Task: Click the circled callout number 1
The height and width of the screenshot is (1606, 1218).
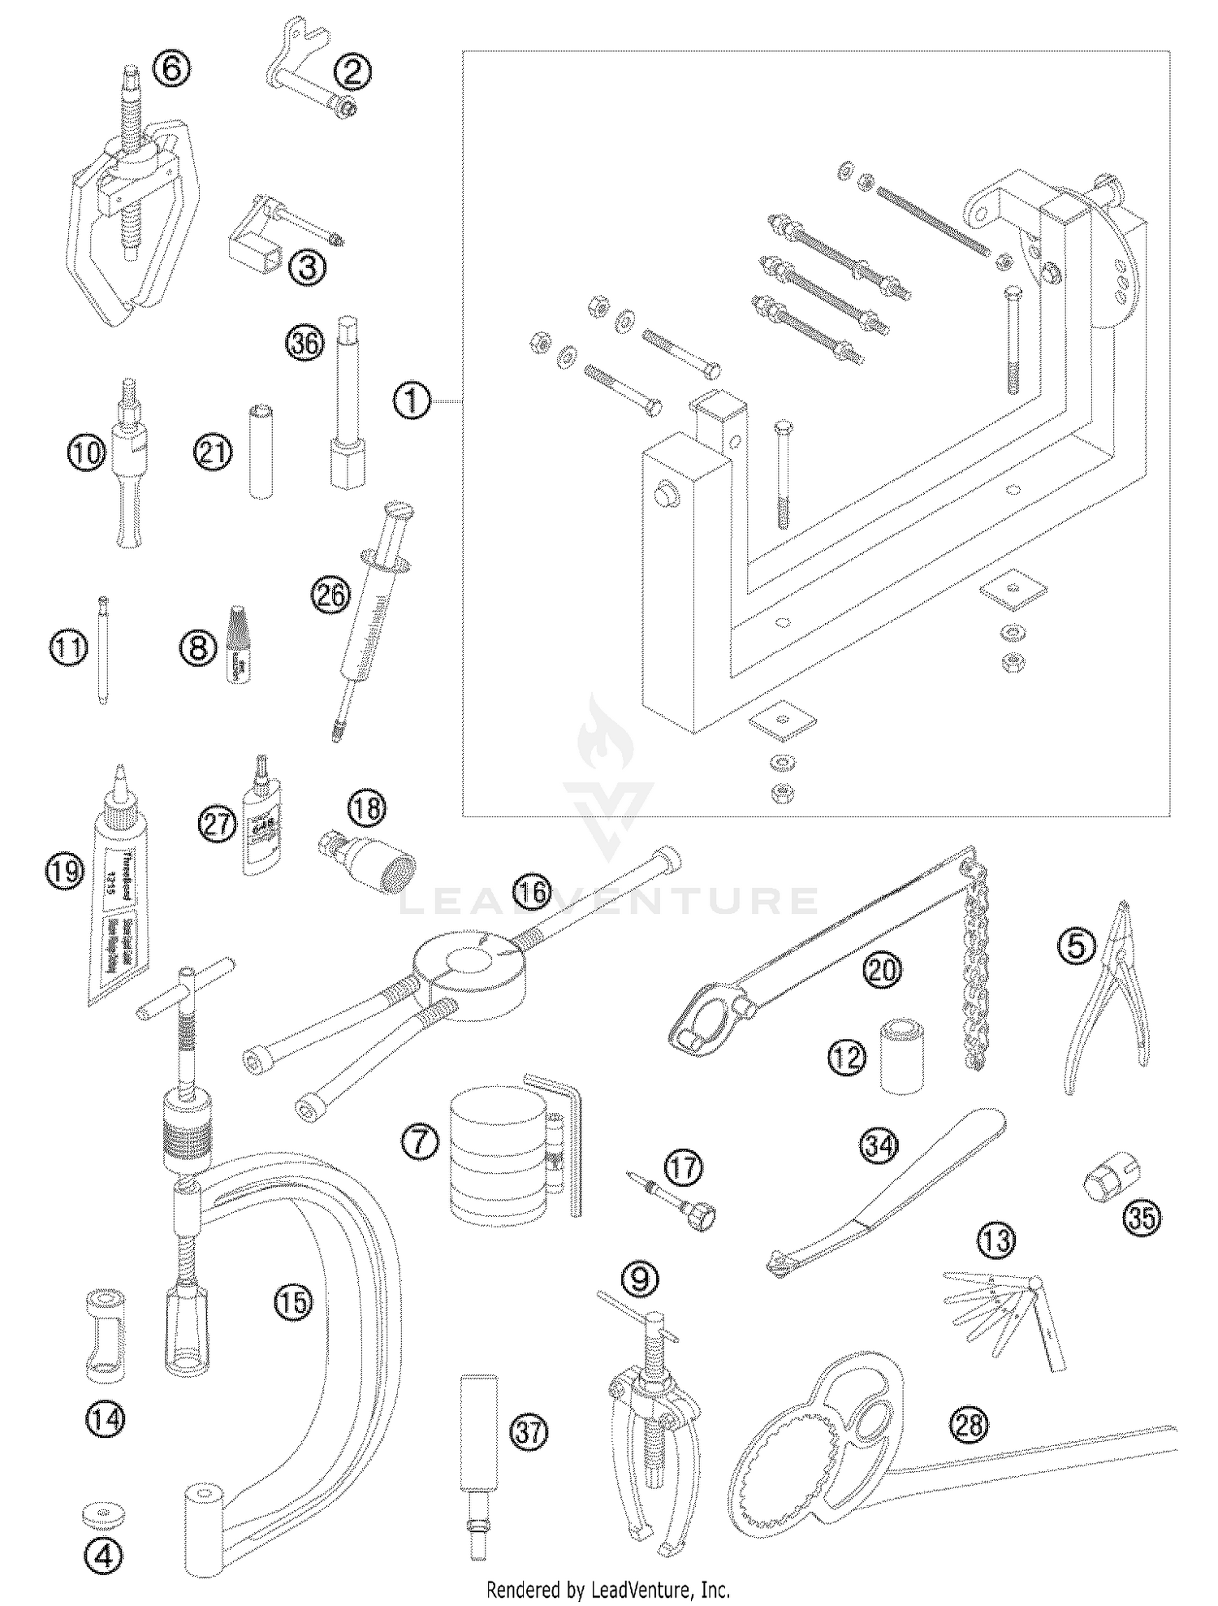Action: tap(412, 401)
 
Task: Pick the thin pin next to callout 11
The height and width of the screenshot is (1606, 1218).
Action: tap(103, 651)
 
